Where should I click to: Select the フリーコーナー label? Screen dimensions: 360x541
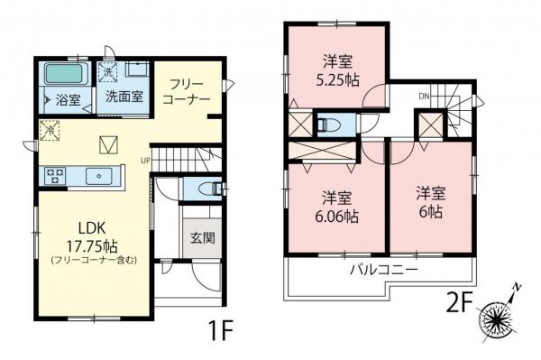pyautogui.click(x=187, y=89)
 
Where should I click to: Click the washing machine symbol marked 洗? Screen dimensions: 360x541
pyautogui.click(x=107, y=71)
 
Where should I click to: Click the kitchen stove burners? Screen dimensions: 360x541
pyautogui.click(x=51, y=173)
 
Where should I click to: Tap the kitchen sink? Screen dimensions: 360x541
pyautogui.click(x=96, y=175)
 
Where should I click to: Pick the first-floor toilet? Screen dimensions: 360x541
pyautogui.click(x=208, y=189)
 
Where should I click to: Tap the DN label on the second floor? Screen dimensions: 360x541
pyautogui.click(x=423, y=96)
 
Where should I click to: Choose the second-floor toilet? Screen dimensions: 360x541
pyautogui.click(x=328, y=123)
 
